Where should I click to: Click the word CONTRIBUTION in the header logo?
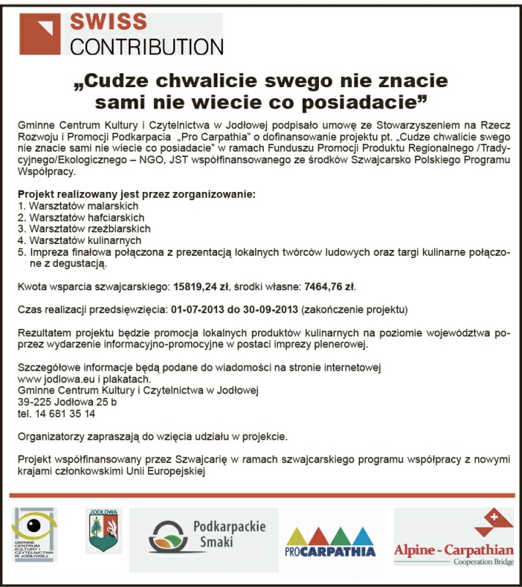(x=146, y=46)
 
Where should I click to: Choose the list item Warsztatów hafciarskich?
(x=80, y=218)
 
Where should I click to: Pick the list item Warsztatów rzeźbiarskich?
(x=83, y=229)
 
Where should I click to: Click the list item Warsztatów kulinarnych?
(x=79, y=240)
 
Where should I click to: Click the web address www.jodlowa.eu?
(x=48, y=379)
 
